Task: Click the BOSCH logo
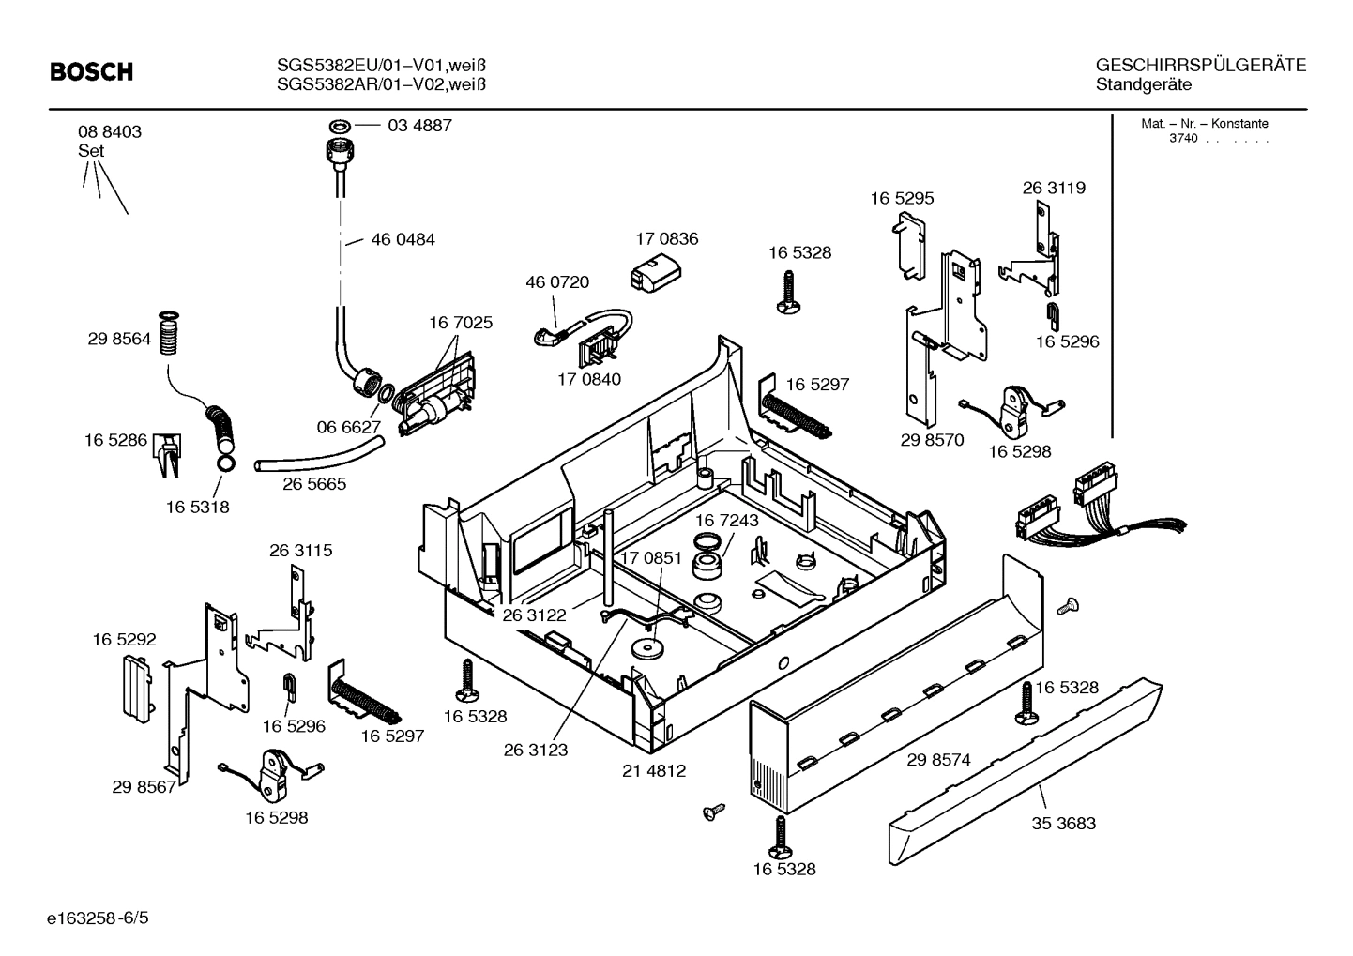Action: coord(91,72)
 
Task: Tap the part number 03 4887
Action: coord(419,126)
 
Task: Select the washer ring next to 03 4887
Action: coord(339,126)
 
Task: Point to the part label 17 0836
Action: coord(666,239)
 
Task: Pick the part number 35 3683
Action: coord(1063,824)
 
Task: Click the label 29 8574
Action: coord(938,761)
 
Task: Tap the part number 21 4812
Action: coord(654,771)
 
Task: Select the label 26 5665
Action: coord(314,484)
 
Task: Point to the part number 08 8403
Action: coord(110,132)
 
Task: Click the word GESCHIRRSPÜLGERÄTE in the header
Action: coord(1200,66)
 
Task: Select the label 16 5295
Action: coord(902,199)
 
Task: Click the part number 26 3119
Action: coord(1054,188)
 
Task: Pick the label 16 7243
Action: coord(726,520)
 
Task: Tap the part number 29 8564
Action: coord(119,341)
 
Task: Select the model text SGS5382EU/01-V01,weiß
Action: coord(381,66)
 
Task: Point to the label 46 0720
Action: coord(557,282)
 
